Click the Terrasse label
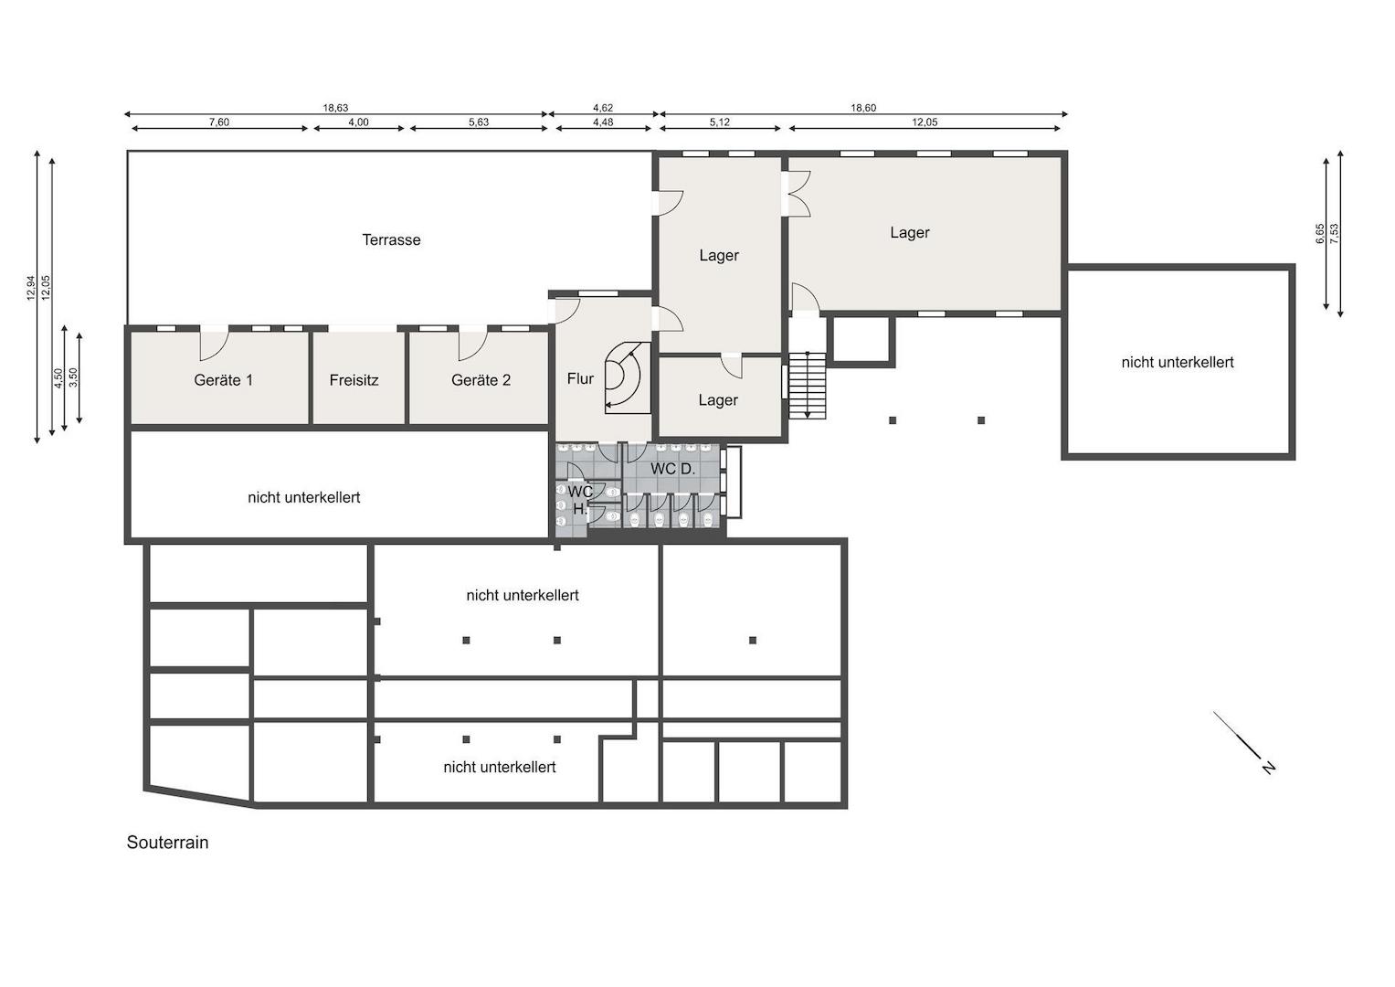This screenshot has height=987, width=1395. tap(391, 239)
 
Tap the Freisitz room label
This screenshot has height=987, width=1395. tap(354, 380)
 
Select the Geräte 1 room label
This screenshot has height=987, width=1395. tap(223, 380)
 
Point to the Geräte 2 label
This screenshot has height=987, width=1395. tap(481, 380)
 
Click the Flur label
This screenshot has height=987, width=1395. tap(580, 378)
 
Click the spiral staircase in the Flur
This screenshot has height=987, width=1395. tap(628, 377)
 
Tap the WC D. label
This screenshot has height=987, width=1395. tap(672, 469)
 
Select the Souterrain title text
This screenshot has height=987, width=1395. tap(167, 843)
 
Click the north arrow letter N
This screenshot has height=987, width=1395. tap(1268, 767)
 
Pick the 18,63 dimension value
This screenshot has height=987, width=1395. tap(335, 108)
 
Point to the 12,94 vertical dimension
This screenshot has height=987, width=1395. tap(31, 289)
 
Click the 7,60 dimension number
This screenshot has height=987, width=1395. tap(218, 122)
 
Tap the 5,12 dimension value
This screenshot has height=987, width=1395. tap(719, 122)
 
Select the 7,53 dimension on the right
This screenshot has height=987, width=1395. tap(1334, 233)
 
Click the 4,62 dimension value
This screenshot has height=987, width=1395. tap(603, 108)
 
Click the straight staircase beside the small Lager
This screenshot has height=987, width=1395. tap(807, 386)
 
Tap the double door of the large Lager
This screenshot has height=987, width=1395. tap(798, 195)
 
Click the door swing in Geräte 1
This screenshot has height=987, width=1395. tap(215, 345)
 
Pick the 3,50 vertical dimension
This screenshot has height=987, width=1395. tap(74, 377)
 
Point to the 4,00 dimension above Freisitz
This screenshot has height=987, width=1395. tap(358, 122)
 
